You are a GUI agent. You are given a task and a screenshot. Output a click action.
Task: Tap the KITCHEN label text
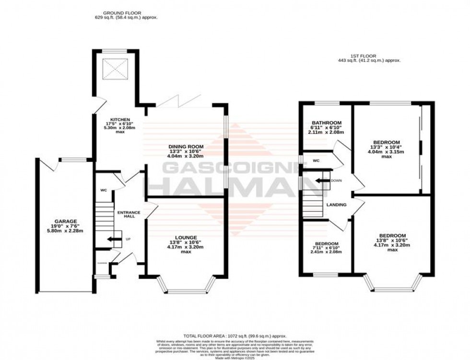pyautogui.click(x=117, y=119)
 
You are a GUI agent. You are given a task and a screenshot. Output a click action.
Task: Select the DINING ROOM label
pyautogui.click(x=186, y=147)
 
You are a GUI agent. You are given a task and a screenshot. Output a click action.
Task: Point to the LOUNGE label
pyautogui.click(x=185, y=237)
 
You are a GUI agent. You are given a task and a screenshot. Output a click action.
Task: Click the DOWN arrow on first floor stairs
pyautogui.click(x=322, y=181)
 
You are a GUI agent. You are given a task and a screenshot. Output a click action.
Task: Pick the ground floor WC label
pyautogui.click(x=103, y=190)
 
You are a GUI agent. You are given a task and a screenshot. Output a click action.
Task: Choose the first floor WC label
pyautogui.click(x=316, y=161)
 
